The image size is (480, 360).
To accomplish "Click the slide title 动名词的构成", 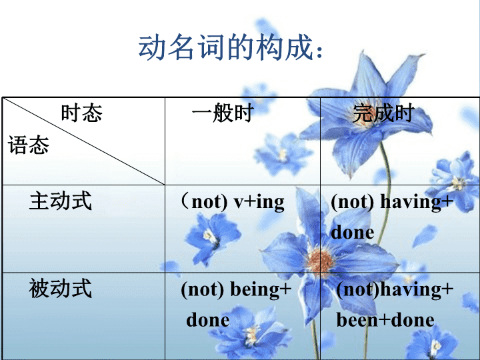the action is [x=226, y=47].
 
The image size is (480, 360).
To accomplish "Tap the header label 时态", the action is [x=81, y=113].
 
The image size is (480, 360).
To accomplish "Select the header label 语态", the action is [x=28, y=145].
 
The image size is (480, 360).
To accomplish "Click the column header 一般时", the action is [x=223, y=113].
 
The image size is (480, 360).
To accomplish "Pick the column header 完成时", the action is [x=383, y=113].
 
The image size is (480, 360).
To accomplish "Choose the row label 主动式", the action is [x=61, y=201].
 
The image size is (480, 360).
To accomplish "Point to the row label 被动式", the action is [x=61, y=289].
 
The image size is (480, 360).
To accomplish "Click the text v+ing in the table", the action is [x=259, y=203].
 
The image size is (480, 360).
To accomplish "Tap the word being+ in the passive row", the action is [x=261, y=289].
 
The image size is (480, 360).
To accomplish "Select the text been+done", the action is [x=385, y=320].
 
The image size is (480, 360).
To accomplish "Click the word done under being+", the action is [x=208, y=320].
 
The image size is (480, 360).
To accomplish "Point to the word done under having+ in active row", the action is [x=353, y=233].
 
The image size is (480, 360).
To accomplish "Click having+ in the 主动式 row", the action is [x=417, y=203].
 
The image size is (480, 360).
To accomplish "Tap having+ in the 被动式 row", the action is [x=417, y=289].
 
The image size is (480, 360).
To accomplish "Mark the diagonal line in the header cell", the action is [x=83, y=141].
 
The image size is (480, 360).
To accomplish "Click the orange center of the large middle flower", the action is [x=321, y=262].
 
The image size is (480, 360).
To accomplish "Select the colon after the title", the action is [x=319, y=52].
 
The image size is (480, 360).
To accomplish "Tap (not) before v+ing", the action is [x=204, y=202].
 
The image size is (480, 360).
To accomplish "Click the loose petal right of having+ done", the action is [x=425, y=236].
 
